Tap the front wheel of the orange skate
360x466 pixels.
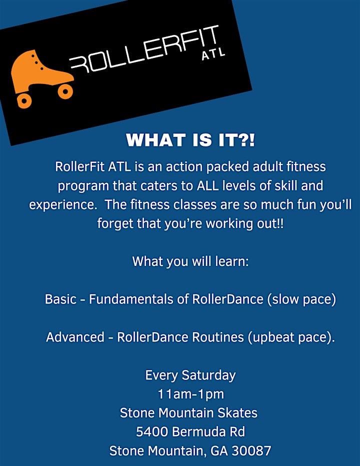(x=65, y=91)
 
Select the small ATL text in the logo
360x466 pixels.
(x=213, y=54)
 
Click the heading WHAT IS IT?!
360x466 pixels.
(x=190, y=140)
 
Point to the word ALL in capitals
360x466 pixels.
(x=207, y=185)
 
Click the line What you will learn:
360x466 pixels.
(x=190, y=261)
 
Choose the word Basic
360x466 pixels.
(x=60, y=299)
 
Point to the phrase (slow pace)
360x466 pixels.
(x=301, y=299)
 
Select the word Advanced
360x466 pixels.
(x=75, y=337)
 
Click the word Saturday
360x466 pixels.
(x=208, y=375)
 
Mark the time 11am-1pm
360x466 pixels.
(x=190, y=394)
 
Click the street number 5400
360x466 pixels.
(x=152, y=431)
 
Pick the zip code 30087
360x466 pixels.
(x=251, y=450)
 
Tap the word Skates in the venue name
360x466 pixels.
(x=237, y=413)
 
